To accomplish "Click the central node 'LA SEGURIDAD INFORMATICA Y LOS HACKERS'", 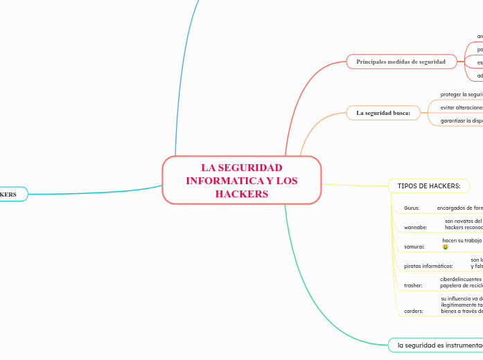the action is (241, 180).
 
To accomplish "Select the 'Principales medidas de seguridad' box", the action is (401, 62).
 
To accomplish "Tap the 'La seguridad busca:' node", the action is (383, 112).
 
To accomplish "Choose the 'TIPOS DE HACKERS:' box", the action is (429, 186).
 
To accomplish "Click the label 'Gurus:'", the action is (412, 208).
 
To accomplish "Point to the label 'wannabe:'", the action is (415, 227).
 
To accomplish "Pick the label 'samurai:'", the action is (414, 246).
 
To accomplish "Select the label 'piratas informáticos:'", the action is (428, 266).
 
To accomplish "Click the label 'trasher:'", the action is (413, 285).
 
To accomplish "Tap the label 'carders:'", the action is (413, 312).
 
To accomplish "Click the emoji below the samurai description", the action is (445, 247).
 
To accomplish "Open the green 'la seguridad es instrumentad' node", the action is (435, 344).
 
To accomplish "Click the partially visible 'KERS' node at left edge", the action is (10, 195).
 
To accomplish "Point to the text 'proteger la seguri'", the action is (461, 94).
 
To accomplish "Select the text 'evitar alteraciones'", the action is (461, 107).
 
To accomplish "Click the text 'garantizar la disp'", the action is (461, 120).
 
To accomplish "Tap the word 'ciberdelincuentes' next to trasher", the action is (461, 278).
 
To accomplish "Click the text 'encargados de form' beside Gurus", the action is (459, 208).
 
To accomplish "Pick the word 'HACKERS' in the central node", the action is (241, 194).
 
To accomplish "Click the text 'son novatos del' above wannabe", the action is (463, 221).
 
